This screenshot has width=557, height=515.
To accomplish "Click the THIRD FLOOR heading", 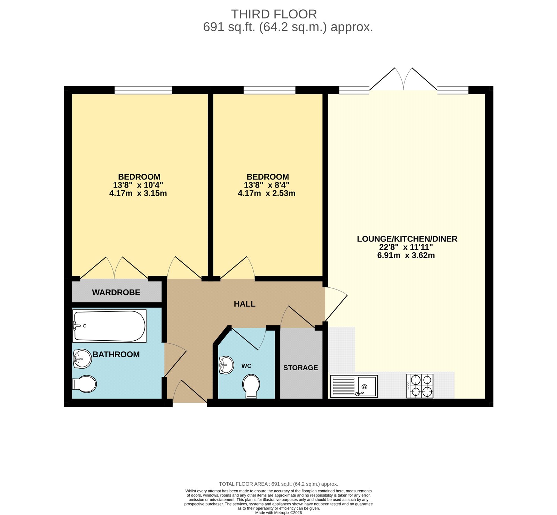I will click(274, 14).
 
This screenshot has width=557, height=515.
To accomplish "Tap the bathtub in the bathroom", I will click(109, 326).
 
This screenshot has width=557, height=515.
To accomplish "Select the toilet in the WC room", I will click(251, 386).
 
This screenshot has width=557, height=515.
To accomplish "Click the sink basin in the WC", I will click(226, 365).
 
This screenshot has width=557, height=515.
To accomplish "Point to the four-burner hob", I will click(420, 386).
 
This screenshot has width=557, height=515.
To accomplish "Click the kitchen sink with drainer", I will click(354, 386).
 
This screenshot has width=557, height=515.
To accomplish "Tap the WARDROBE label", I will click(116, 292).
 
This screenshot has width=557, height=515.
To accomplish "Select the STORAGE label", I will click(300, 368).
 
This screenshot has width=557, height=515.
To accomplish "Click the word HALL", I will click(244, 304).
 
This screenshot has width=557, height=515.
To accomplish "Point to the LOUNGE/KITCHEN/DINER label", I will click(407, 239).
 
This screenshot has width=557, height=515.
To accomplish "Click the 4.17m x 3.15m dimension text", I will click(138, 193).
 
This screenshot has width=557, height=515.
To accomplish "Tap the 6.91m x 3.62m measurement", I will click(406, 255).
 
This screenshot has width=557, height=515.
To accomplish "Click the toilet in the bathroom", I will click(85, 384).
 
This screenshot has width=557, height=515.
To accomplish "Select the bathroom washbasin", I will click(82, 358).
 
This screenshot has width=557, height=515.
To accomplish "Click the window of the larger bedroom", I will click(143, 90).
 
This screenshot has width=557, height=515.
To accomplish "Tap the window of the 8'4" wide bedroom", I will click(269, 90).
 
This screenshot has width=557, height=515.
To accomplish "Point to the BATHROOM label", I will click(116, 354).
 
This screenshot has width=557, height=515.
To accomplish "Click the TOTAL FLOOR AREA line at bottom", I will click(278, 484).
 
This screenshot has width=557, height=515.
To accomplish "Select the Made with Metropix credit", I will click(278, 513).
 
